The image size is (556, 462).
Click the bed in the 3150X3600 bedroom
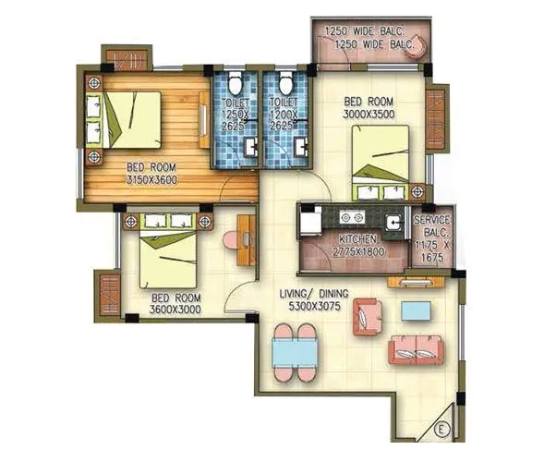(x=130, y=119)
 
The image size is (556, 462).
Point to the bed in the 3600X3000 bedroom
(x=168, y=257)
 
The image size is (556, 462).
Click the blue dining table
(x=296, y=352)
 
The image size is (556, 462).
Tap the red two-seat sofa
(x=416, y=349)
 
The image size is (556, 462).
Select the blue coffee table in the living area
(x=415, y=310)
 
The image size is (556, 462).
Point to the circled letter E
(x=441, y=428)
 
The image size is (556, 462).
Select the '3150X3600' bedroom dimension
(x=151, y=179)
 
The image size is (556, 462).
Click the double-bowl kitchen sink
(x=351, y=218)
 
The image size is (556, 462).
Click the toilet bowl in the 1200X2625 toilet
(x=285, y=79)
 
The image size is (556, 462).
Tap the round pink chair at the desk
(x=230, y=239)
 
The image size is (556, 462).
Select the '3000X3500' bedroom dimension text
(x=369, y=113)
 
